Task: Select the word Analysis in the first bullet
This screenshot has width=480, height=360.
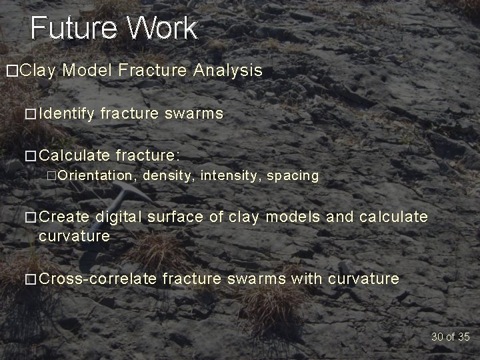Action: click(x=228, y=71)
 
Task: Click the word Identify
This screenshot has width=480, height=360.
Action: click(x=67, y=114)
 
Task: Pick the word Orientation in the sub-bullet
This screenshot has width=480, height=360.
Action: click(x=95, y=176)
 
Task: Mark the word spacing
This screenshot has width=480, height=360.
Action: click(x=293, y=176)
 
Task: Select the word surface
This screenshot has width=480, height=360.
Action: click(x=175, y=217)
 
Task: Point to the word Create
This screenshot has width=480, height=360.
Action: click(x=64, y=217)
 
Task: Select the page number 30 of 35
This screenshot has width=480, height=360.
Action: click(x=450, y=337)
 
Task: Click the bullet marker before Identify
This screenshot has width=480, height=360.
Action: click(x=29, y=115)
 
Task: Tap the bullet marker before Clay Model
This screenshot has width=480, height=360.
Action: click(x=11, y=71)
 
